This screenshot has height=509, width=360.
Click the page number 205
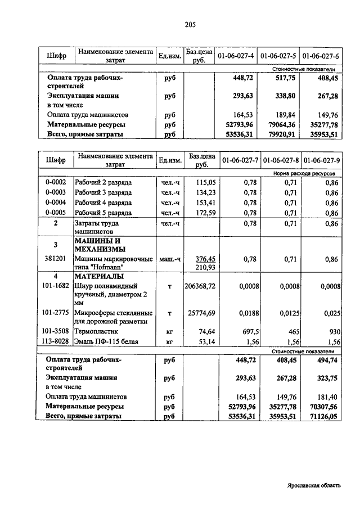tap(189, 24)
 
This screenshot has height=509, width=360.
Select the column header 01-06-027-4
tap(236, 56)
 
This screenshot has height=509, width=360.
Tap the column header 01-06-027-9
tap(320, 160)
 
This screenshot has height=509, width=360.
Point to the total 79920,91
tap(280, 135)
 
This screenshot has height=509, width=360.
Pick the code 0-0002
tap(56, 182)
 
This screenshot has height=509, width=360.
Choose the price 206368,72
tap(200, 286)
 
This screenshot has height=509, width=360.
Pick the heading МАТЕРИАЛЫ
tap(98, 277)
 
